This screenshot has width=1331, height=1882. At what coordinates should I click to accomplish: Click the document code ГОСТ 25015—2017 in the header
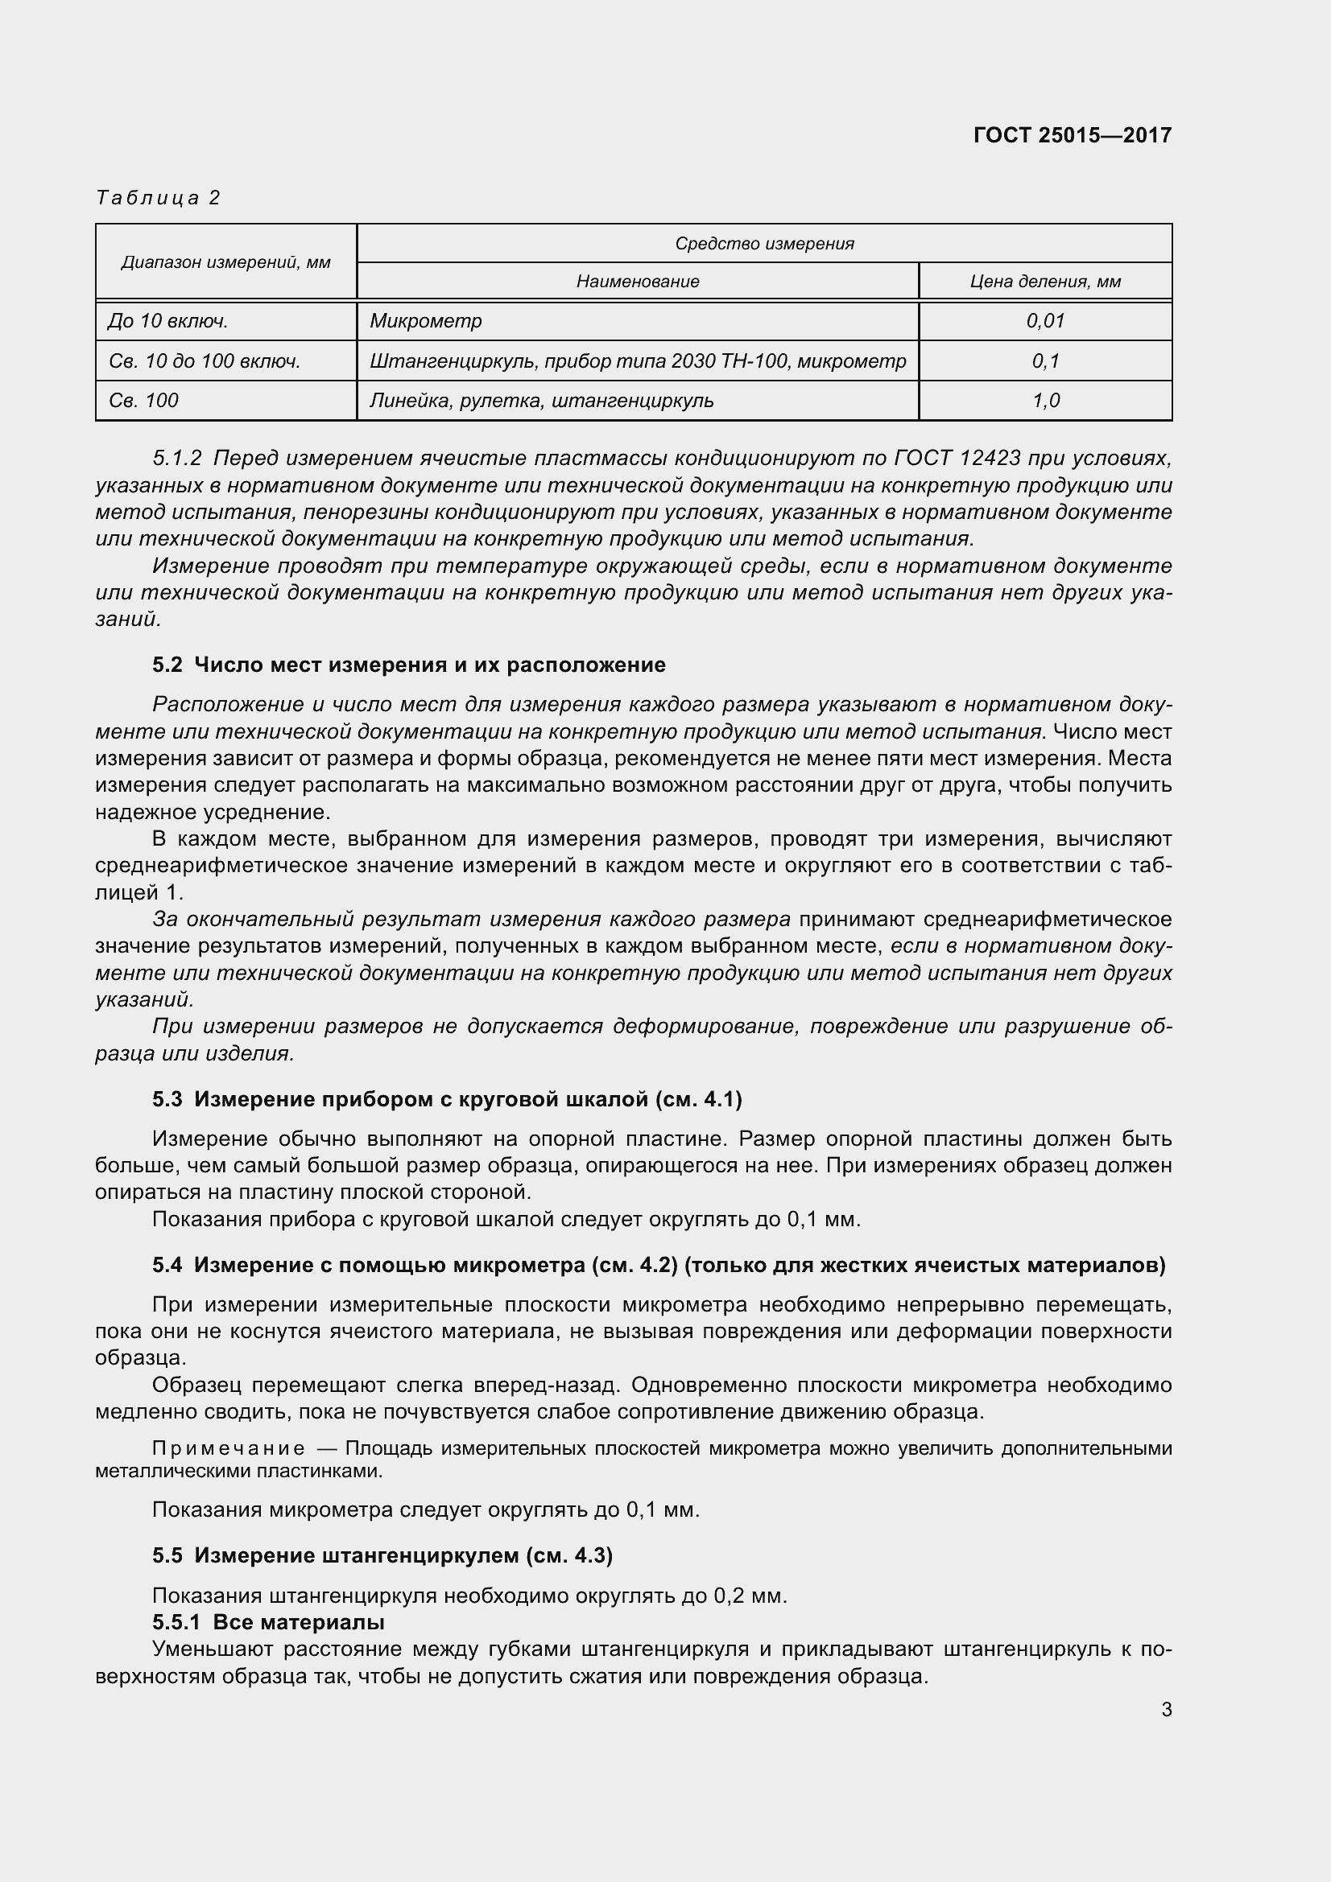(1072, 135)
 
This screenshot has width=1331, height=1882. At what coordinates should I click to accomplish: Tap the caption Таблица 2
(159, 198)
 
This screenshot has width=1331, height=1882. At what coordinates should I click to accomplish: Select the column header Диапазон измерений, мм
(225, 262)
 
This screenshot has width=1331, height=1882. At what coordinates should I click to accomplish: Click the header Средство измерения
(763, 244)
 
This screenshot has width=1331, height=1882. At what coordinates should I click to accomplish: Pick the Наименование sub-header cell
(637, 281)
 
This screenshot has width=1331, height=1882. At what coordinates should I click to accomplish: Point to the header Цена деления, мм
(1045, 281)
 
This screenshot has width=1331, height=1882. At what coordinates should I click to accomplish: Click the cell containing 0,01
(1045, 320)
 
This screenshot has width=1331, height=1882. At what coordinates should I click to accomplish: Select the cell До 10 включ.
(168, 320)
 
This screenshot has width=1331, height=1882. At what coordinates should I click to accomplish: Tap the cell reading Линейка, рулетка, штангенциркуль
(541, 401)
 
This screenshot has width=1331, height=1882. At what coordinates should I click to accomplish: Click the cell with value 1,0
(1045, 401)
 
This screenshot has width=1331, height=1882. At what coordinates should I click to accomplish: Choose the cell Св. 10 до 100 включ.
(205, 360)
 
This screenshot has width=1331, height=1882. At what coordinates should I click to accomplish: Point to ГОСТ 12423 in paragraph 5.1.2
(959, 457)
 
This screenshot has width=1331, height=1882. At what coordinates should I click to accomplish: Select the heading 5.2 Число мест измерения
(408, 665)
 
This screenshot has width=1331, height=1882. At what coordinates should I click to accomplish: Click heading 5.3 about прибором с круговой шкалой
(447, 1099)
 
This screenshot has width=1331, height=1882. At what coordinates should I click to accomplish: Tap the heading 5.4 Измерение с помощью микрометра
(658, 1265)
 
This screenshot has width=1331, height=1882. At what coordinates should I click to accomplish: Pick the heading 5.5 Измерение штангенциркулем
(382, 1555)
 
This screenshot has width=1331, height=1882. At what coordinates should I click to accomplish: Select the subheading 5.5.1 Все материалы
(268, 1622)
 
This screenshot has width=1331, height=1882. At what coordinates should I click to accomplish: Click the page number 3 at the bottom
(1166, 1710)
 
